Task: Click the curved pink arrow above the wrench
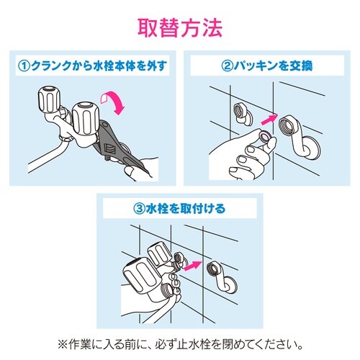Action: pyautogui.click(x=114, y=100)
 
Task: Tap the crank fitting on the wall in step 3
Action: pyautogui.click(x=218, y=278)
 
